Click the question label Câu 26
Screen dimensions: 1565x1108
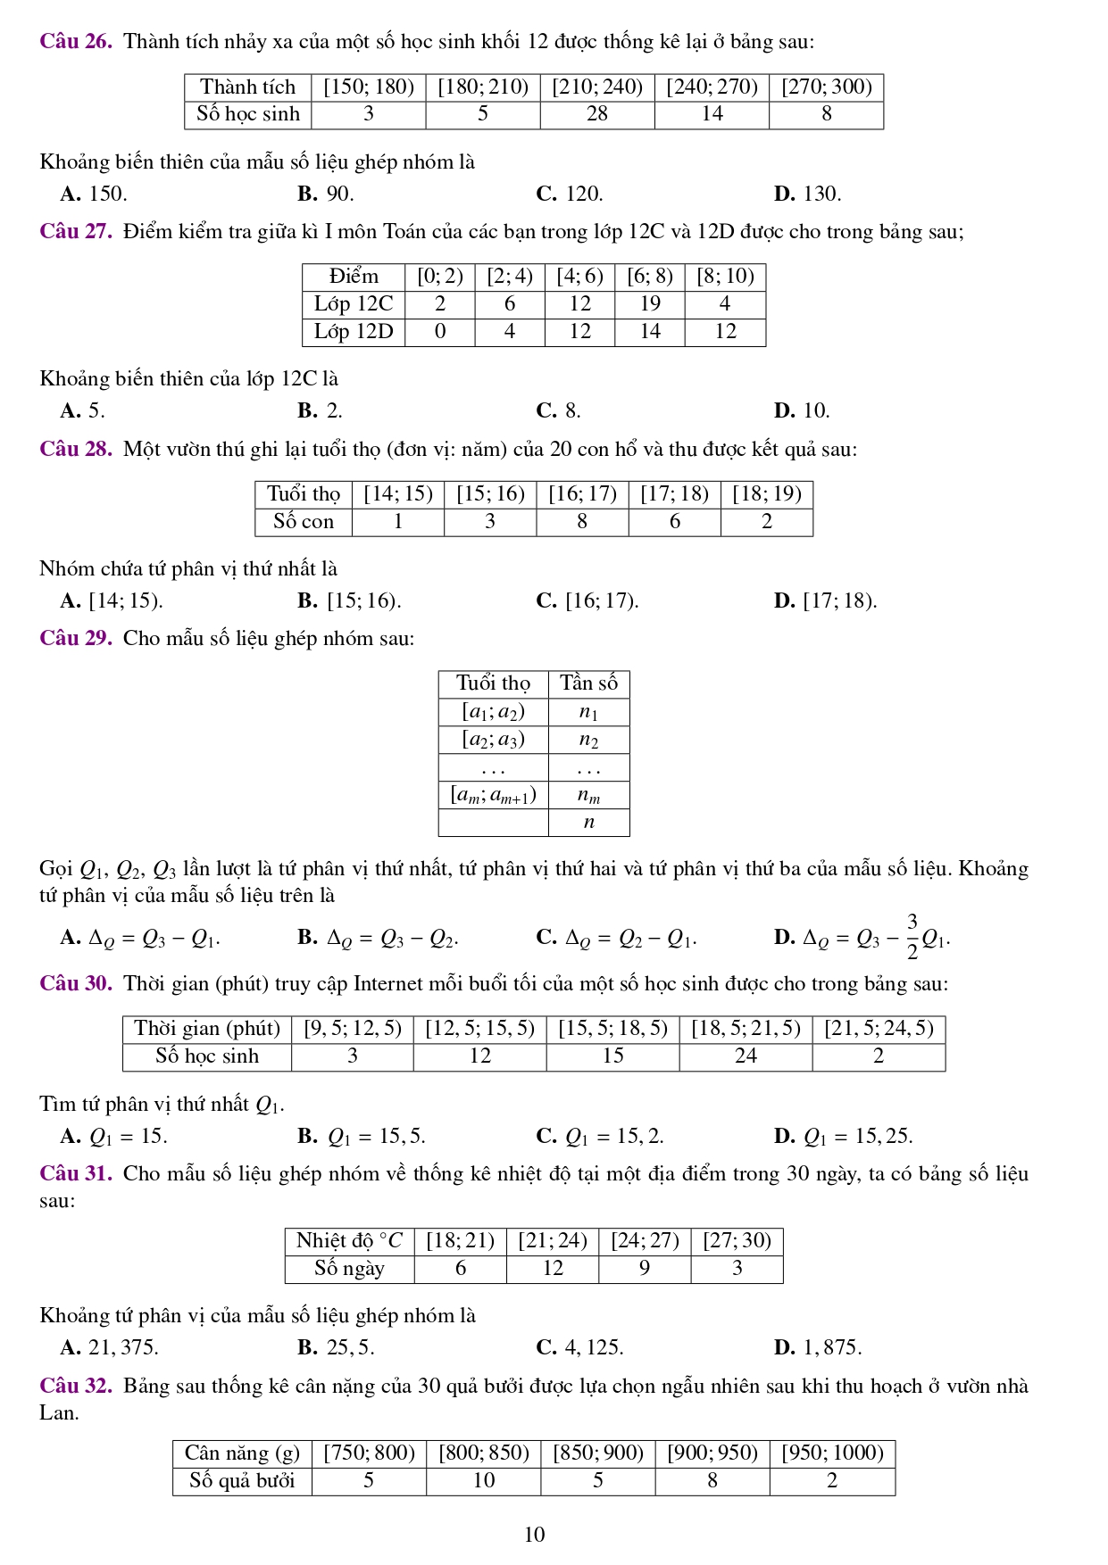click(76, 42)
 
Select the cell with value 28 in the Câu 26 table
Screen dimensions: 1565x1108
click(597, 114)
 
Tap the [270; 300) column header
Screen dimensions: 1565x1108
click(826, 87)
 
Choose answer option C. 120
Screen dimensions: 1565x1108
click(570, 195)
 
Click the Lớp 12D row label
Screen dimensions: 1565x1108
click(354, 332)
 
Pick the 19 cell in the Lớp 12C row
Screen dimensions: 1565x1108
click(650, 304)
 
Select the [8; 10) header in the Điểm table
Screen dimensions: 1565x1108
click(725, 277)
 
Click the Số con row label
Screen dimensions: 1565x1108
click(304, 522)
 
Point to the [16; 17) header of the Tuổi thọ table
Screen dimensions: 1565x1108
click(582, 494)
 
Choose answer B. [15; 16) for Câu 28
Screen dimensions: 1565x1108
click(349, 601)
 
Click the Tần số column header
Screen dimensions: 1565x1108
click(588, 684)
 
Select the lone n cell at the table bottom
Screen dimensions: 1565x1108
click(588, 823)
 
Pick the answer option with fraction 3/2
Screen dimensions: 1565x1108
click(862, 938)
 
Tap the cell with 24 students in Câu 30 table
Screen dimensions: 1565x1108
click(746, 1056)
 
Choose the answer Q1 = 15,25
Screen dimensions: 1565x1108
click(843, 1137)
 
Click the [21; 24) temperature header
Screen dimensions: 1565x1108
click(553, 1241)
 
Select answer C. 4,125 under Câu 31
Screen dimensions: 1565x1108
click(579, 1348)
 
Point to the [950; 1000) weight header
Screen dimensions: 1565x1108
click(832, 1453)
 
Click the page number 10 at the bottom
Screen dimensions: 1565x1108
click(534, 1535)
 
